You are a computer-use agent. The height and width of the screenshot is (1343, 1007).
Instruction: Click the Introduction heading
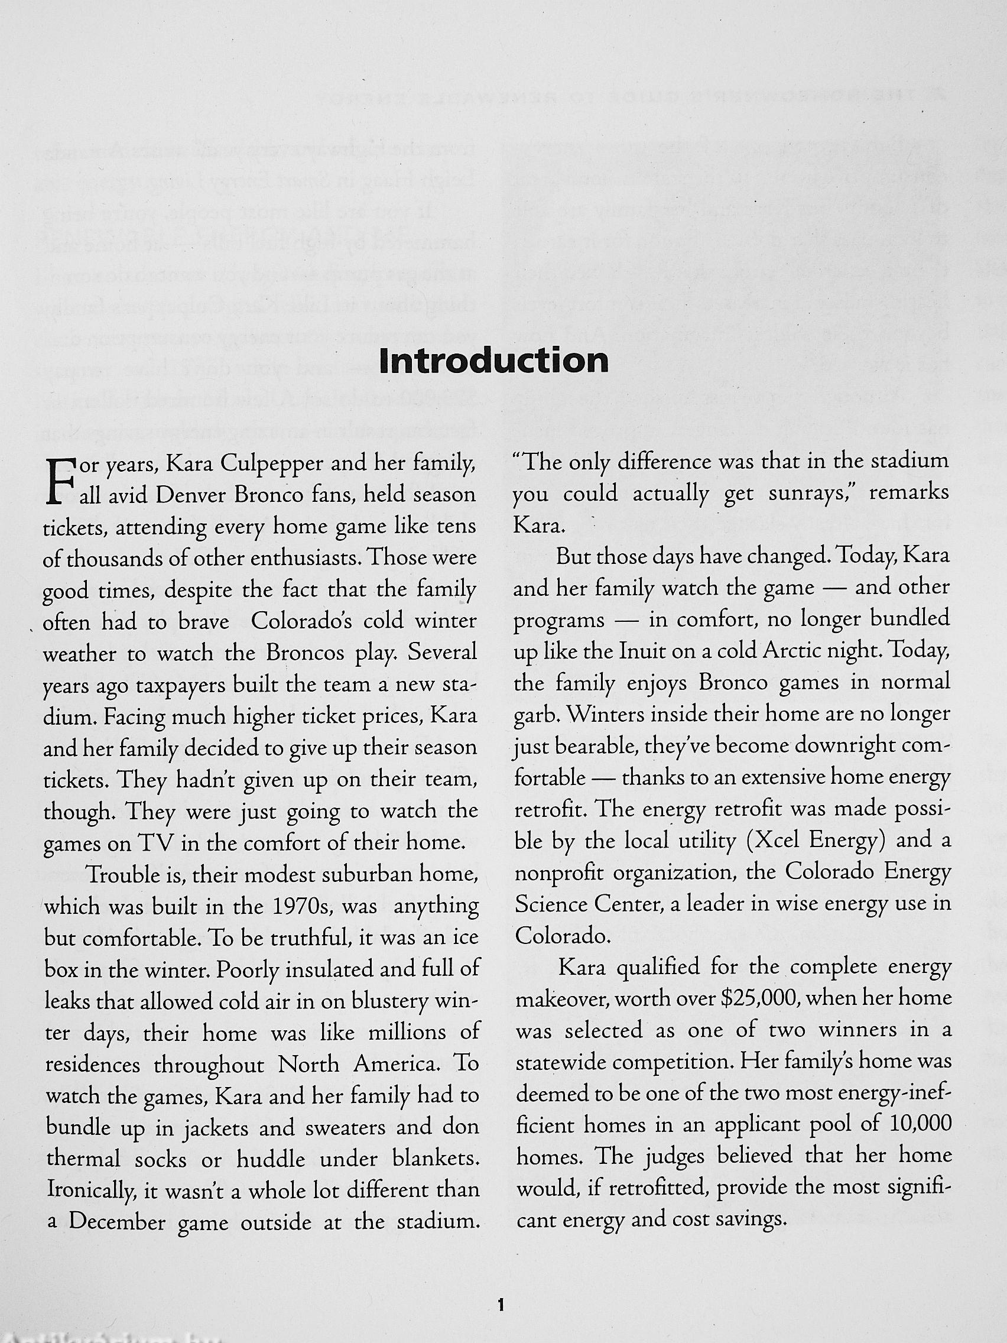[493, 361]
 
